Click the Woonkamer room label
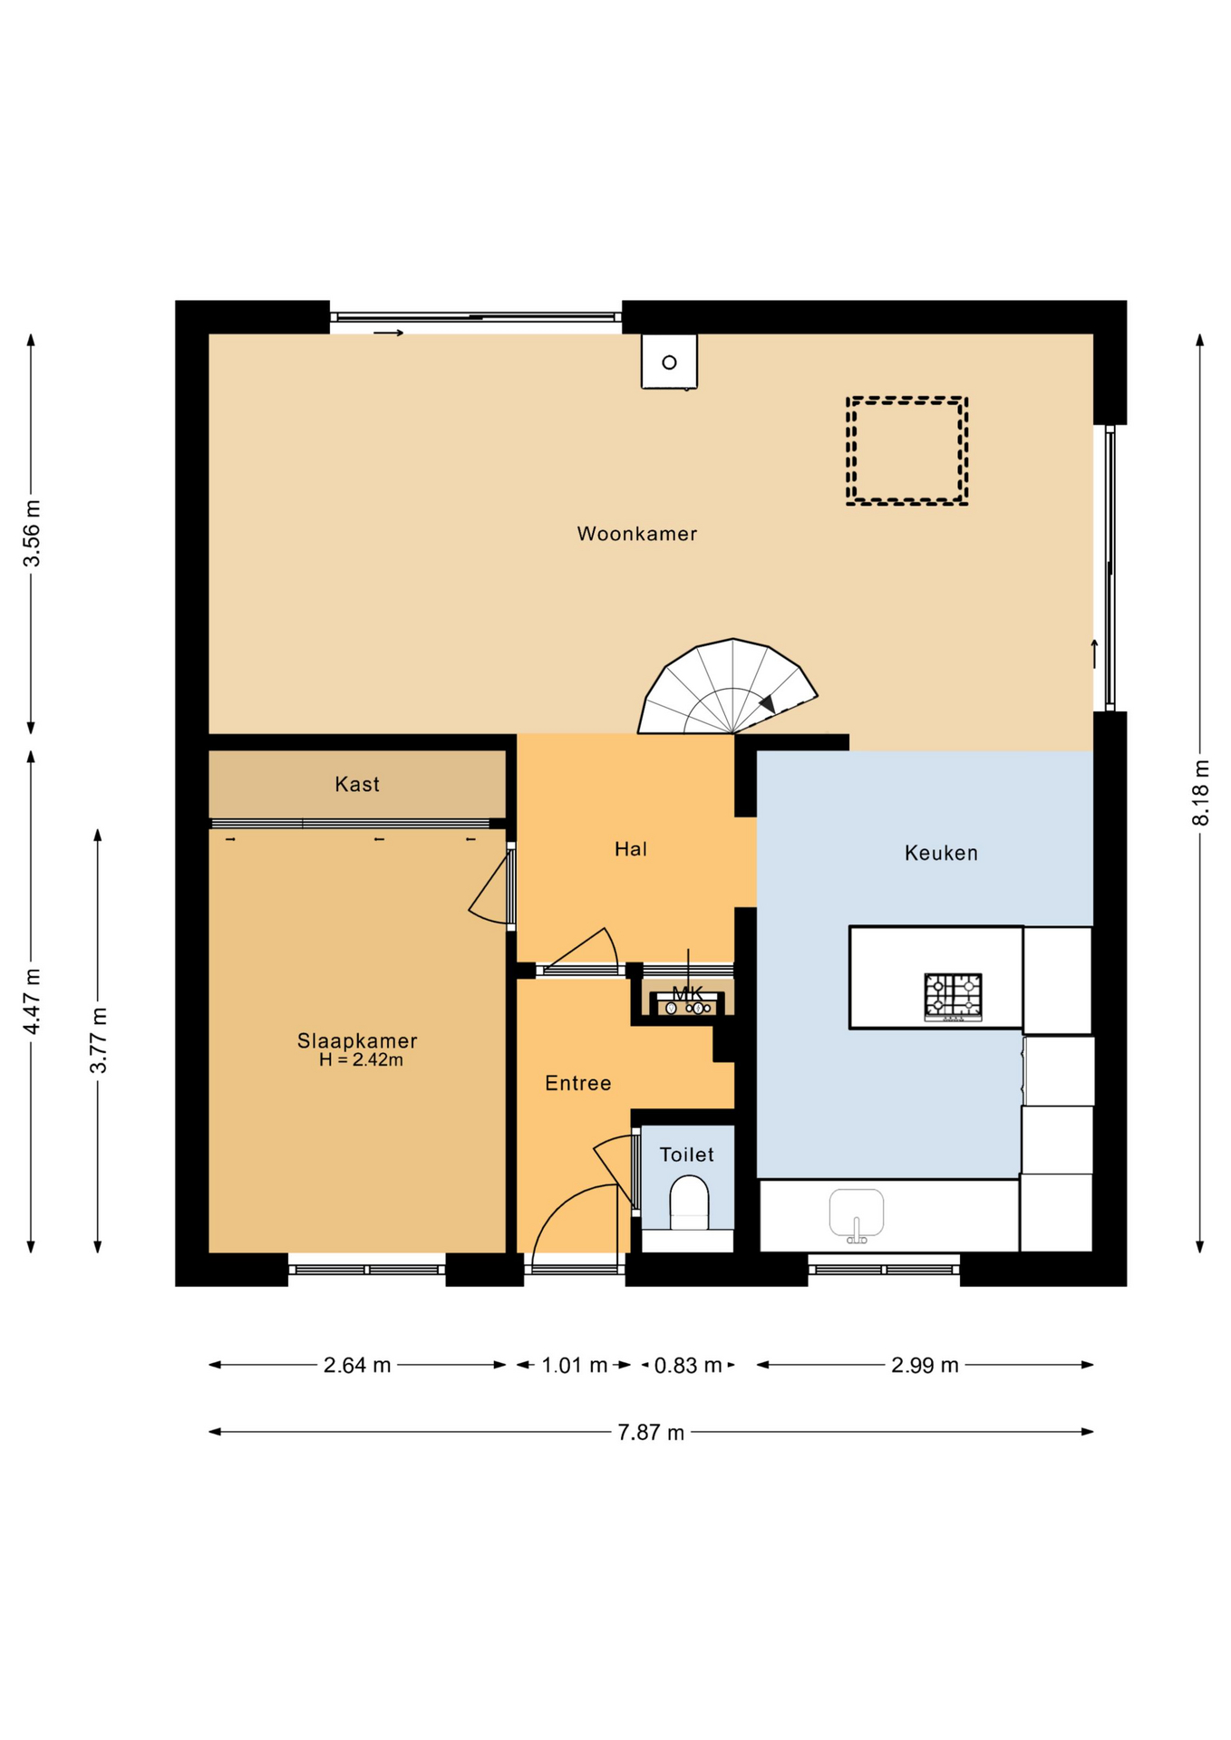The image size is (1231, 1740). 636,534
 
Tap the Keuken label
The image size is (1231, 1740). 941,853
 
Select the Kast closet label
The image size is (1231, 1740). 357,784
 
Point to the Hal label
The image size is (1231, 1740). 631,849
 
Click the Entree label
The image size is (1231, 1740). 578,1083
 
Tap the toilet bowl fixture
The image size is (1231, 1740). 689,1203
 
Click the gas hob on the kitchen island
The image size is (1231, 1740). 953,997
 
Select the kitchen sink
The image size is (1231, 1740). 856,1214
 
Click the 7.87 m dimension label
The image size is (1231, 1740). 651,1433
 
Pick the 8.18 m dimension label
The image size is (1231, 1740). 1200,792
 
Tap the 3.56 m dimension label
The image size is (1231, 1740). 32,533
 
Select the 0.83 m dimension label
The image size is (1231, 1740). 688,1366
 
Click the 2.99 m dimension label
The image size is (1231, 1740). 925,1366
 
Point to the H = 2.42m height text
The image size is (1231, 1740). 361,1060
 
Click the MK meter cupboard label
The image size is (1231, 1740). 688,993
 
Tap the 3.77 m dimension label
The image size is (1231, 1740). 99,1040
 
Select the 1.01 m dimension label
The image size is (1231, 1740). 574,1366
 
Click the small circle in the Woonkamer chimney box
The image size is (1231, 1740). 669,362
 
